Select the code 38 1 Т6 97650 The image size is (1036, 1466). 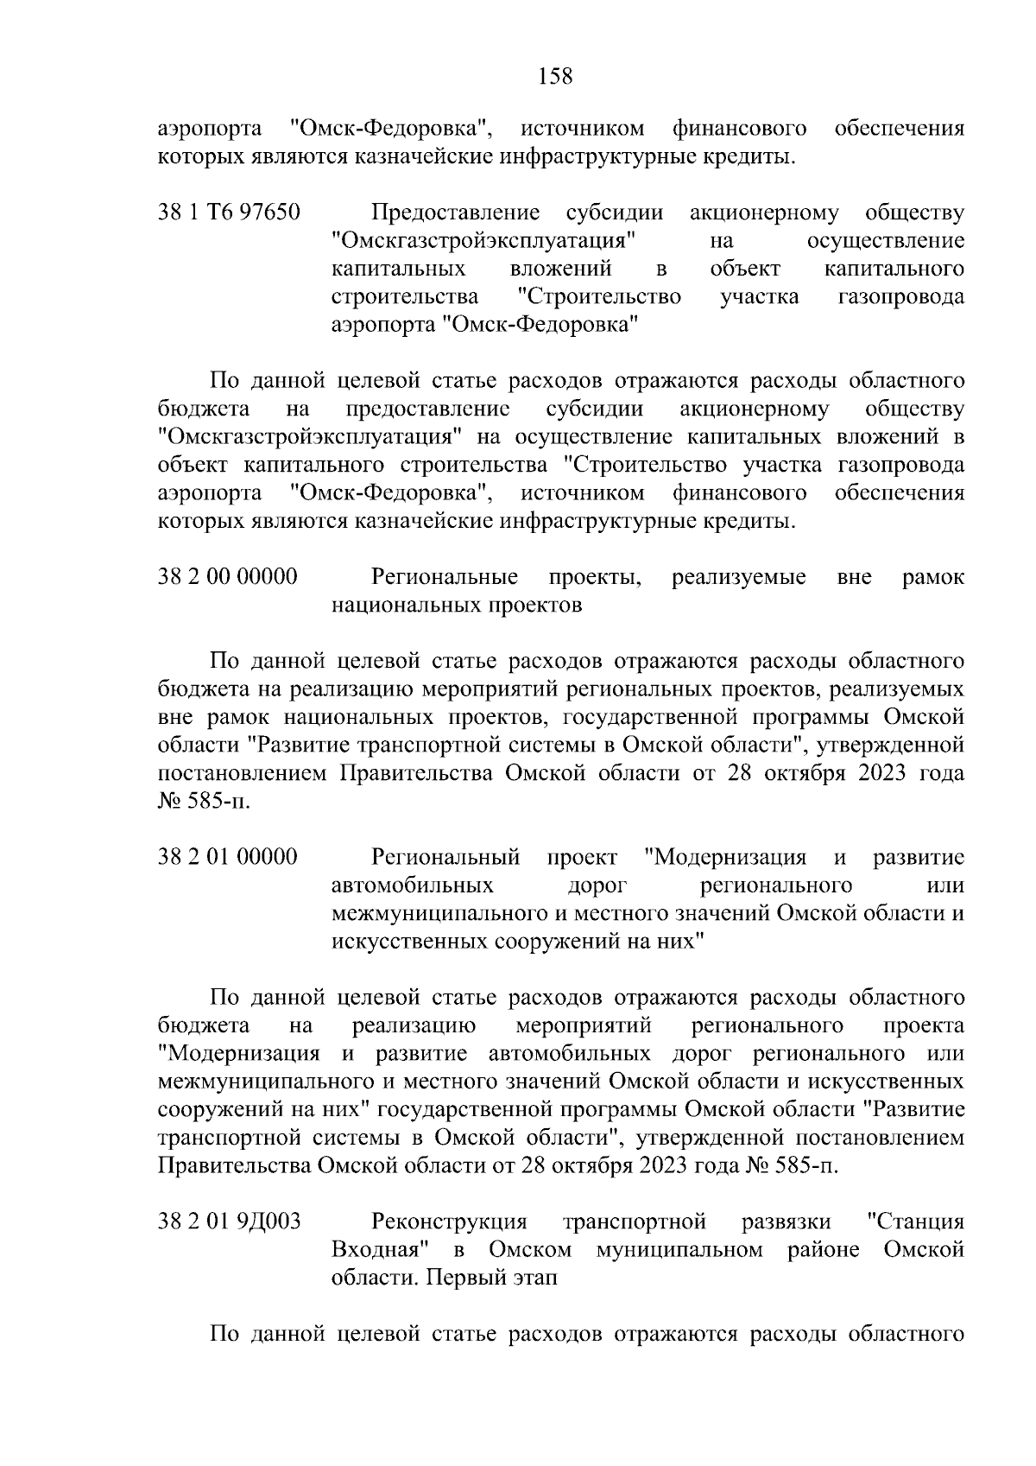click(229, 213)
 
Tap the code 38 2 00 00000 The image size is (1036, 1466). click(228, 577)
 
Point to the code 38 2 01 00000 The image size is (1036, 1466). click(228, 858)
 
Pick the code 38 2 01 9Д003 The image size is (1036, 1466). click(230, 1222)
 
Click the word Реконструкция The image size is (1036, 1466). click(449, 1222)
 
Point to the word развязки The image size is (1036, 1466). click(786, 1222)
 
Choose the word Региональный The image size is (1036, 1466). click(445, 858)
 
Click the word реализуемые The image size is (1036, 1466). click(739, 577)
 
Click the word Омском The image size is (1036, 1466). click(530, 1251)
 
